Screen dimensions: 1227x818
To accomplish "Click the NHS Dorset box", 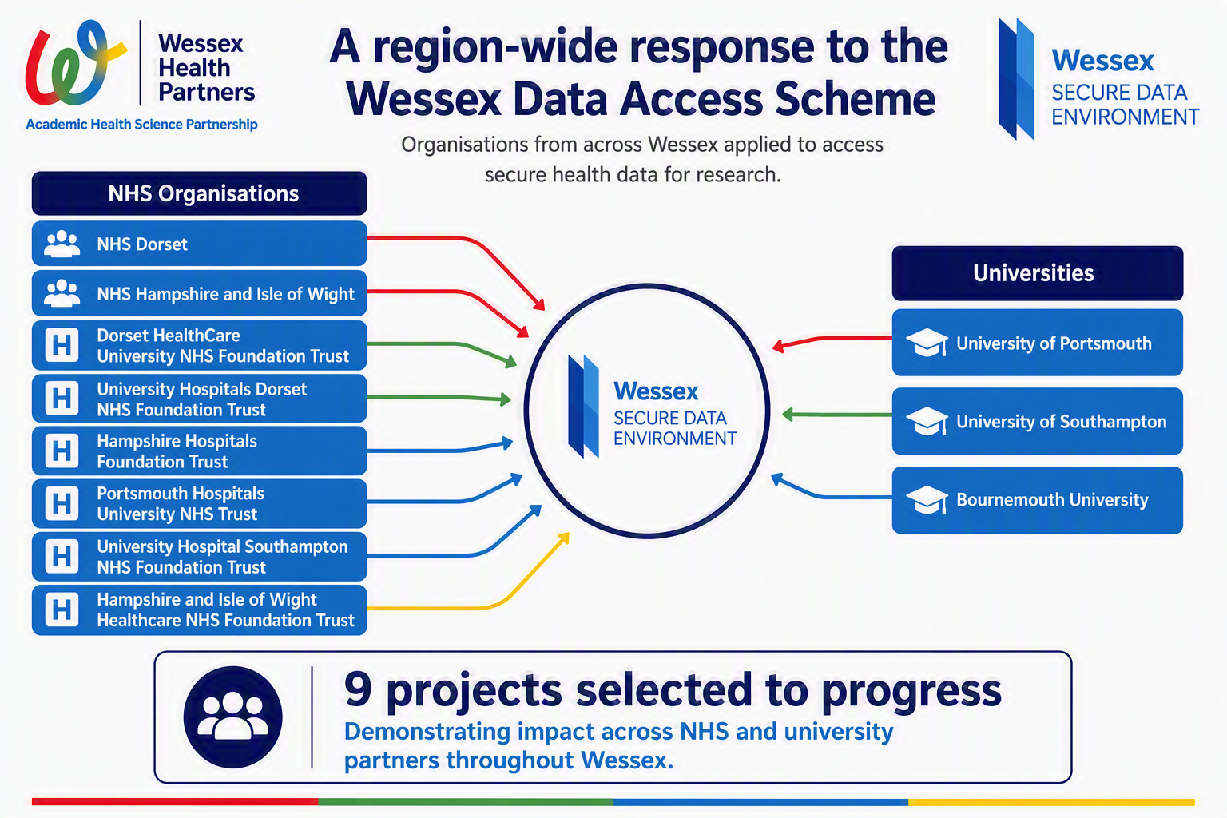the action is [x=200, y=244].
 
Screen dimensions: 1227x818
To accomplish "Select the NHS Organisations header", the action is [x=200, y=193].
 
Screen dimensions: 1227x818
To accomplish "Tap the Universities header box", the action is [x=1038, y=273].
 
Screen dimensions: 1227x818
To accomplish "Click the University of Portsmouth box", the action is [x=1038, y=343].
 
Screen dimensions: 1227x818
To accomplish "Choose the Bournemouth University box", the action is [x=1038, y=500].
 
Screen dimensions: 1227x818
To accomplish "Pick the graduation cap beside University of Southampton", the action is [x=927, y=421].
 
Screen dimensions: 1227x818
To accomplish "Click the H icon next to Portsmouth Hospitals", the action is [x=62, y=503].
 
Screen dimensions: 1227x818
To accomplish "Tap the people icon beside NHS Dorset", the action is [x=62, y=244].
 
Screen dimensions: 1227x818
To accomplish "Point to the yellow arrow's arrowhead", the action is [x=563, y=538].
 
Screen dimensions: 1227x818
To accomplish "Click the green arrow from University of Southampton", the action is [x=837, y=415].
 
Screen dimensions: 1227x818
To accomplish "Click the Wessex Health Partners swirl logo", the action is [x=76, y=62].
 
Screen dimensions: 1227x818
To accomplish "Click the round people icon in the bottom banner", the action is [x=232, y=717].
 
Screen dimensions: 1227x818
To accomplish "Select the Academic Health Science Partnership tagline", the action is [x=141, y=125].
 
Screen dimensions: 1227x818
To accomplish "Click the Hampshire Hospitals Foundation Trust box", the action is [x=200, y=451].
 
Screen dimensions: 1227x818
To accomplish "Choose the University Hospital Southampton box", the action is [x=200, y=557].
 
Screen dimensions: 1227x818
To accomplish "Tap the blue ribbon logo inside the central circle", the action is [x=583, y=407].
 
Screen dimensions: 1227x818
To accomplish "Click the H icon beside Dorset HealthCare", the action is [x=62, y=345].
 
